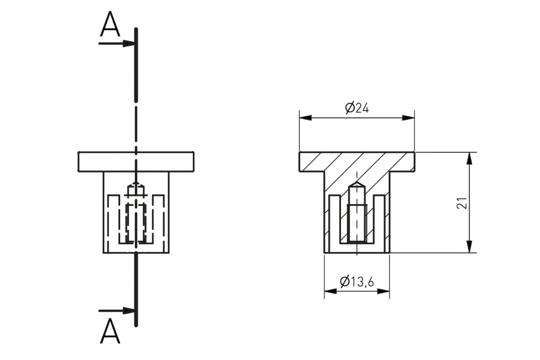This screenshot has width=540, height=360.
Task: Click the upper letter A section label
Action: [x=110, y=25]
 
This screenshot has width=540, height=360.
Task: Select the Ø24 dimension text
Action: [x=357, y=108]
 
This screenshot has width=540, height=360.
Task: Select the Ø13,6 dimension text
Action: [x=357, y=282]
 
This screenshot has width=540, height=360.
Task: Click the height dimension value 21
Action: [x=461, y=202]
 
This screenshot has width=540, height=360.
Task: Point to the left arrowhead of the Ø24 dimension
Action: [x=305, y=117]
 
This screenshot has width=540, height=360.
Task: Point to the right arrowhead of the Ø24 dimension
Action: [x=409, y=117]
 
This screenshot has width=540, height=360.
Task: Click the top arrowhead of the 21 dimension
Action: [x=469, y=158]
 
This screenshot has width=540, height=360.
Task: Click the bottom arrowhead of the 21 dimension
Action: [x=469, y=247]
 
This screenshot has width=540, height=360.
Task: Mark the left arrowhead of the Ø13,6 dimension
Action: [x=330, y=291]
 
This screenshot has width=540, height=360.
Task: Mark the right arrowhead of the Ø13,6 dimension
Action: [x=383, y=291]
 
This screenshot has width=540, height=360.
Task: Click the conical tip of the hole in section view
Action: [x=357, y=184]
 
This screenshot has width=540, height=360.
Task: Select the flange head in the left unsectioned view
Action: [x=136, y=162]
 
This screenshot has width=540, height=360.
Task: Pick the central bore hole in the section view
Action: [x=357, y=216]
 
